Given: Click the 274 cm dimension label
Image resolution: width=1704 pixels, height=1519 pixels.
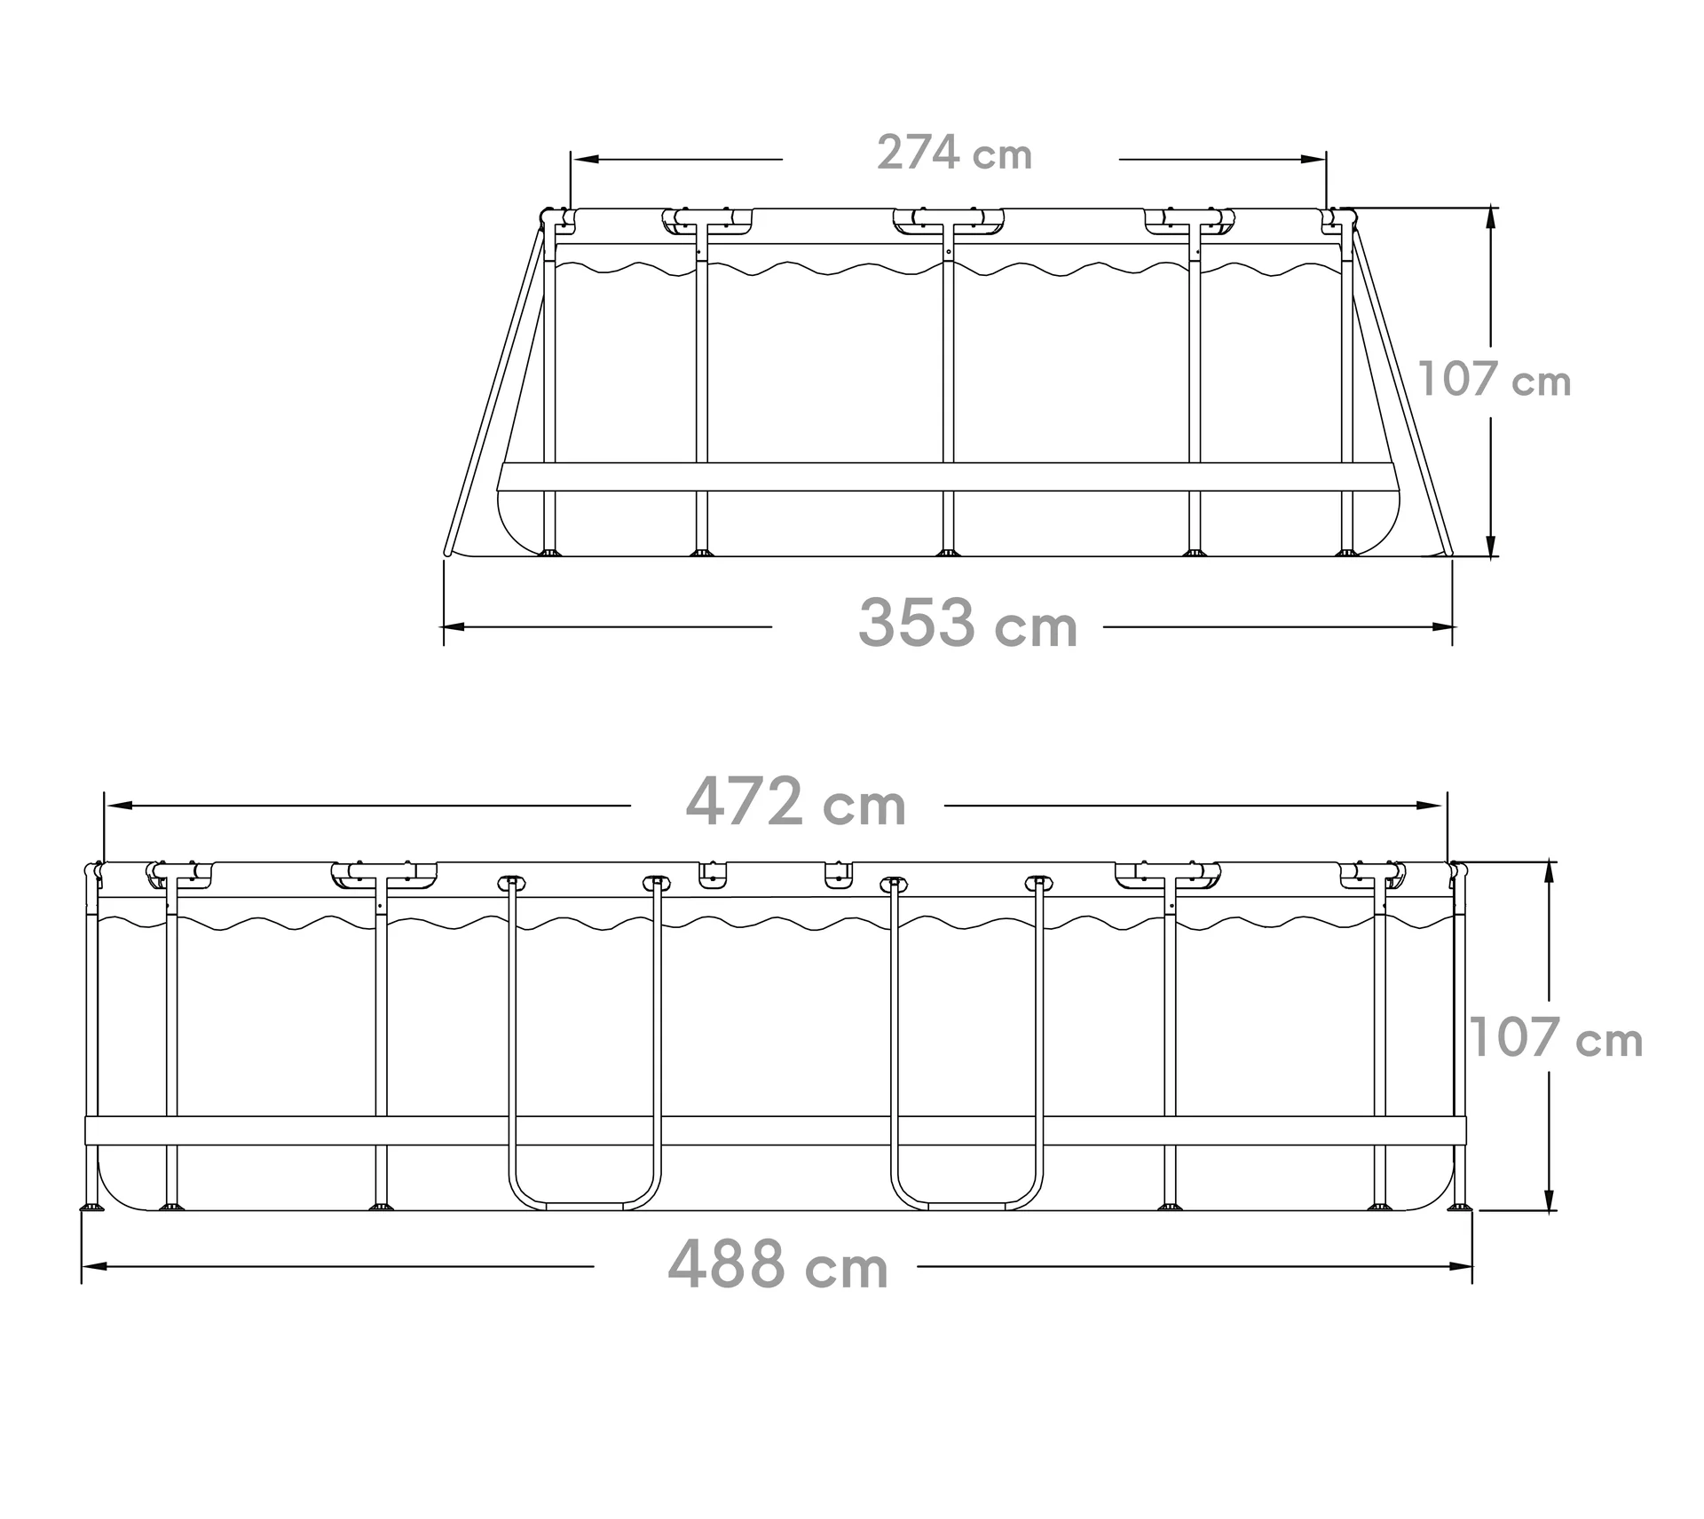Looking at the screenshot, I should (x=954, y=153).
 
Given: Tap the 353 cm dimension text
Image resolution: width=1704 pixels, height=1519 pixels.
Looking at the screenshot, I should (x=967, y=625).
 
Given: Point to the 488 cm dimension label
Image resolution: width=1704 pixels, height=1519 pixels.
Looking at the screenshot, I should (x=777, y=1266).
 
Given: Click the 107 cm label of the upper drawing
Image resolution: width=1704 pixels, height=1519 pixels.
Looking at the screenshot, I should (x=1495, y=380).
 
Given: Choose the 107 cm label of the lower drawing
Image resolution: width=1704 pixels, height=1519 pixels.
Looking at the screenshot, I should (x=1556, y=1038).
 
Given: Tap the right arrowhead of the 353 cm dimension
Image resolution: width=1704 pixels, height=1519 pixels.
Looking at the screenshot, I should (x=1443, y=627).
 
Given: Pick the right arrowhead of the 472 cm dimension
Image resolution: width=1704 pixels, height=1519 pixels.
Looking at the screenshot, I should (x=1431, y=806).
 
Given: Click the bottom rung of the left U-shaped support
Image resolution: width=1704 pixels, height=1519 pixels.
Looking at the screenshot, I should (x=585, y=1206).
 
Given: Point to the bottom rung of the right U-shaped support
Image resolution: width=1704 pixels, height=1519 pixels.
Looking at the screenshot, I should (x=967, y=1206).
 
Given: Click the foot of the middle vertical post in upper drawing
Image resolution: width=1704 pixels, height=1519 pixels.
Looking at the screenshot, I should (x=948, y=553).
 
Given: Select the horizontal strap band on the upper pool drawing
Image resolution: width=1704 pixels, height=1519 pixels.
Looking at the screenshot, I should (x=948, y=476).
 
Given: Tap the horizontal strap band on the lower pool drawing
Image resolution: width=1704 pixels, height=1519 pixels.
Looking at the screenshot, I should (x=772, y=1130).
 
